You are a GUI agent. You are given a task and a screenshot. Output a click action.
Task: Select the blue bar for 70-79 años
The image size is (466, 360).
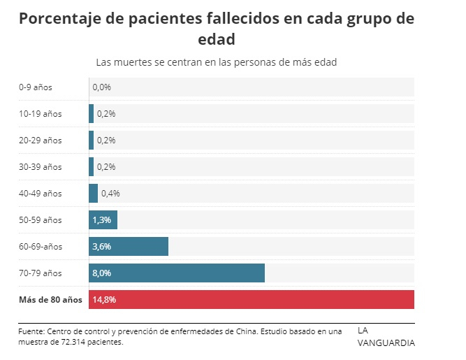click(177, 273)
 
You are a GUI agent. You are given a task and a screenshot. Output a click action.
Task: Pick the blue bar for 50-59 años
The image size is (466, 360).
click(103, 219)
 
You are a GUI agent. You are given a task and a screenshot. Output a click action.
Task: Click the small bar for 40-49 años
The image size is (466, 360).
click(94, 193)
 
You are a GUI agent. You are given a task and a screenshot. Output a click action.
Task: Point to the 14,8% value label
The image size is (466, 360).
click(103, 299)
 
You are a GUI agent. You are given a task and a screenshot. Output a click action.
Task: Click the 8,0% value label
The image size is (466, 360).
click(101, 273)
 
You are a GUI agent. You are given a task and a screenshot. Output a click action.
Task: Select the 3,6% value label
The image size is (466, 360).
click(101, 246)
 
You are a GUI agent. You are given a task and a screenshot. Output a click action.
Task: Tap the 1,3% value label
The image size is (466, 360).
click(101, 219)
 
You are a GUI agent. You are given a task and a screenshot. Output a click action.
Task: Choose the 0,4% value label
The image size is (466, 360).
click(110, 193)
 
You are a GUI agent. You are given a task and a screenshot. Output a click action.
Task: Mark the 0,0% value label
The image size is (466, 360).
click(101, 87)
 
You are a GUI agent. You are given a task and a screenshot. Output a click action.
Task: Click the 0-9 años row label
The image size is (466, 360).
click(36, 87)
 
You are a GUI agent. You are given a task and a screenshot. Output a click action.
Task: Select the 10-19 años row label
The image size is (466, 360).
click(41, 114)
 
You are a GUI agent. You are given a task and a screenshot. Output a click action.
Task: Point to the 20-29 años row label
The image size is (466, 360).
click(41, 141)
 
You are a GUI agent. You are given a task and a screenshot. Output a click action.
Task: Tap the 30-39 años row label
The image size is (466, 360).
click(41, 167)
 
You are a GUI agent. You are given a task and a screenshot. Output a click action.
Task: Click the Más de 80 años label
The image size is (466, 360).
click(50, 300)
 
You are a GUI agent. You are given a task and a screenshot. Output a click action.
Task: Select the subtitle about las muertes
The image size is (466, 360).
click(217, 62)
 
